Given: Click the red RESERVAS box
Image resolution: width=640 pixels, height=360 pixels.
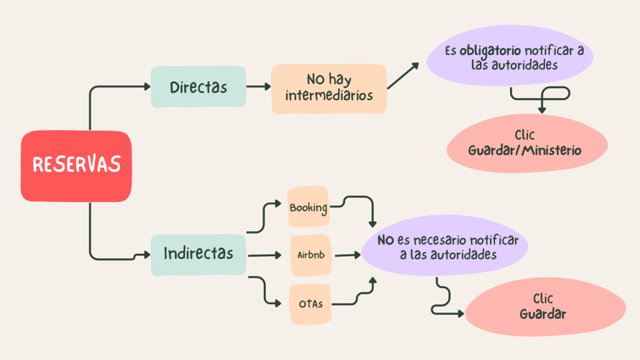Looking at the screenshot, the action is coord(76,166).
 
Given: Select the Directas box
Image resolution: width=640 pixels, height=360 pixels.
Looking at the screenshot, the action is coord(198,87).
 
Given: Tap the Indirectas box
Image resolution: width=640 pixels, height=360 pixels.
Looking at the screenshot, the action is coord(198,255).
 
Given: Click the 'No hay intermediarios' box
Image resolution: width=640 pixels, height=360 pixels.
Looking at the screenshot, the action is coord(329,89).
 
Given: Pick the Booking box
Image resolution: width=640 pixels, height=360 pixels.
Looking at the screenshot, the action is coord(308,206).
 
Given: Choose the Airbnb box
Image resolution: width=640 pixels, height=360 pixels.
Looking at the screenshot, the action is coord(311,255).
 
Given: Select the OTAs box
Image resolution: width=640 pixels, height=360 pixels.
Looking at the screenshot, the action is coord(310,304).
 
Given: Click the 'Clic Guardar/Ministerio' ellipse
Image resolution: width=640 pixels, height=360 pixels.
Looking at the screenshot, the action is coord(527,144).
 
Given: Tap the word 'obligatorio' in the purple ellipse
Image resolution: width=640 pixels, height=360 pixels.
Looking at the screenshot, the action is coord(490,51).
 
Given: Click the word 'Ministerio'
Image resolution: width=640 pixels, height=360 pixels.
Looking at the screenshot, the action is coord(552,151).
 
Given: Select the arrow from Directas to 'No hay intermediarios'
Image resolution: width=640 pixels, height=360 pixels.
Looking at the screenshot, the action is coord(259,86).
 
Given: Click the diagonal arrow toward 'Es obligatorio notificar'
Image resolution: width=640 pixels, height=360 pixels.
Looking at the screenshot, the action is coord(403,76).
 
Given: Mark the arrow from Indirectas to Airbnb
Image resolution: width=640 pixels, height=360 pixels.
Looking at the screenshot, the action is coord(264,256).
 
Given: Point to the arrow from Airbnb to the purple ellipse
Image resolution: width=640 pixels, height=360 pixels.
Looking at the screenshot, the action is coord(347,255).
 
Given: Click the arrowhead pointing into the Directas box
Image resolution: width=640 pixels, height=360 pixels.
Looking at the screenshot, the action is coord(147,86).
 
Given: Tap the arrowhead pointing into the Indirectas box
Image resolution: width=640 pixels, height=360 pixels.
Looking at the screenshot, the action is coord(147,255).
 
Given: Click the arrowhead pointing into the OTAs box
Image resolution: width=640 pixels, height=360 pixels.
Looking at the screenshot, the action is coord(278,303).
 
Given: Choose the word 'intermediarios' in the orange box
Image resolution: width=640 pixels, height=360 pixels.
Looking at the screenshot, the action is coord(329,96).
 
